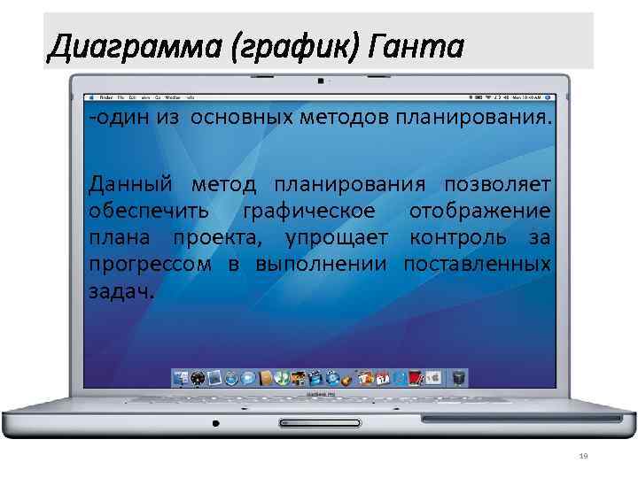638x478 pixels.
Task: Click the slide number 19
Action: [x=582, y=456]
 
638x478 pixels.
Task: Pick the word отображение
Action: [x=478, y=212]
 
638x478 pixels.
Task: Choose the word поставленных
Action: [x=476, y=265]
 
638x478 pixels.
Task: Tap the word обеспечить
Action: [x=149, y=212]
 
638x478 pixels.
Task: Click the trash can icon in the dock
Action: [x=458, y=378]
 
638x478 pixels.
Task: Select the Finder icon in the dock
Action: [x=182, y=378]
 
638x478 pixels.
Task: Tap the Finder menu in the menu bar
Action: [x=105, y=95]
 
